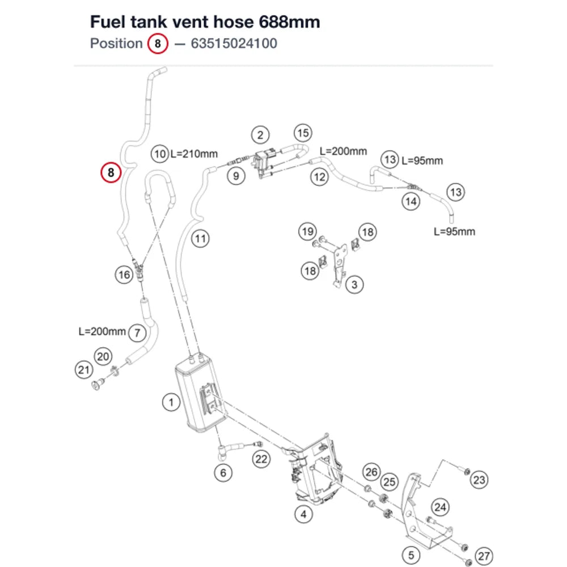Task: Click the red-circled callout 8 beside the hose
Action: point(111,172)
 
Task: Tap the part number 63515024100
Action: point(234,44)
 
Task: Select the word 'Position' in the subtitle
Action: point(116,44)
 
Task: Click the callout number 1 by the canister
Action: point(171,402)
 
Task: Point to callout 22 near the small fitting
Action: point(261,459)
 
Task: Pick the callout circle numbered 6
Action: point(223,473)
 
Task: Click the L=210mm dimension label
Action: point(194,154)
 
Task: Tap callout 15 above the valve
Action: point(303,133)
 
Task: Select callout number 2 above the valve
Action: point(260,136)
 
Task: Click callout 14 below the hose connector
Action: point(411,201)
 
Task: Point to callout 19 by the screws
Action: point(308,231)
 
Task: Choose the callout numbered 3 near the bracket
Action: point(354,285)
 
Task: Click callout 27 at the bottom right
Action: point(484,556)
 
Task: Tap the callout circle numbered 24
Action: point(440,507)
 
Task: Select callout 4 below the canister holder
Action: point(303,514)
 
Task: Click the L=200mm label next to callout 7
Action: point(102,331)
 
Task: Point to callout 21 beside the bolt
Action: point(84,370)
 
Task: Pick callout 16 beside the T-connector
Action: point(124,275)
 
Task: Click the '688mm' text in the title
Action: point(289,22)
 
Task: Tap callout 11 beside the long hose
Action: point(200,239)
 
